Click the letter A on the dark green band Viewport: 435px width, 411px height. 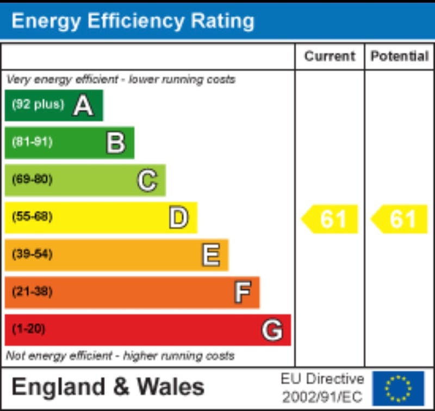pyautogui.click(x=83, y=105)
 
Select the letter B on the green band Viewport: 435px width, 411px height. pyautogui.click(x=115, y=143)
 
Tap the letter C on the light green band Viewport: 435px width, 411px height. pyautogui.click(x=147, y=180)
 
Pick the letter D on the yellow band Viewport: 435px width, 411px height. pyautogui.click(x=178, y=217)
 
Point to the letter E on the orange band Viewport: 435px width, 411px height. pyautogui.click(x=210, y=255)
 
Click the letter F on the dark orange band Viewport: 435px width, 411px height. pyautogui.click(x=242, y=292)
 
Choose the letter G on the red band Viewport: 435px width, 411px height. pyautogui.click(x=272, y=330)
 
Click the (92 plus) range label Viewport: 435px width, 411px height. pyautogui.click(x=38, y=104)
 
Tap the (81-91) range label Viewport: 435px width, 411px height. pyautogui.click(x=33, y=142)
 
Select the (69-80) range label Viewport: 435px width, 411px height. pyautogui.click(x=33, y=179)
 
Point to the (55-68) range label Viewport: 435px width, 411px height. pyautogui.click(x=33, y=217)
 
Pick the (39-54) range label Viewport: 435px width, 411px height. pyautogui.click(x=33, y=254)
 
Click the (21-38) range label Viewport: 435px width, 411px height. pyautogui.click(x=33, y=292)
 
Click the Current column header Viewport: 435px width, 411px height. pyautogui.click(x=330, y=57)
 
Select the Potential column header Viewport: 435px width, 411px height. pyautogui.click(x=400, y=57)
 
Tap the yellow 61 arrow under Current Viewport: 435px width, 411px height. pyautogui.click(x=330, y=219)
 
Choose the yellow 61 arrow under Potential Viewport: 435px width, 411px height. pyautogui.click(x=400, y=219)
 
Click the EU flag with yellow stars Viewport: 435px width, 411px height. pyautogui.click(x=398, y=388)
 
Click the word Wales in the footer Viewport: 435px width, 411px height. pyautogui.click(x=170, y=387)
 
